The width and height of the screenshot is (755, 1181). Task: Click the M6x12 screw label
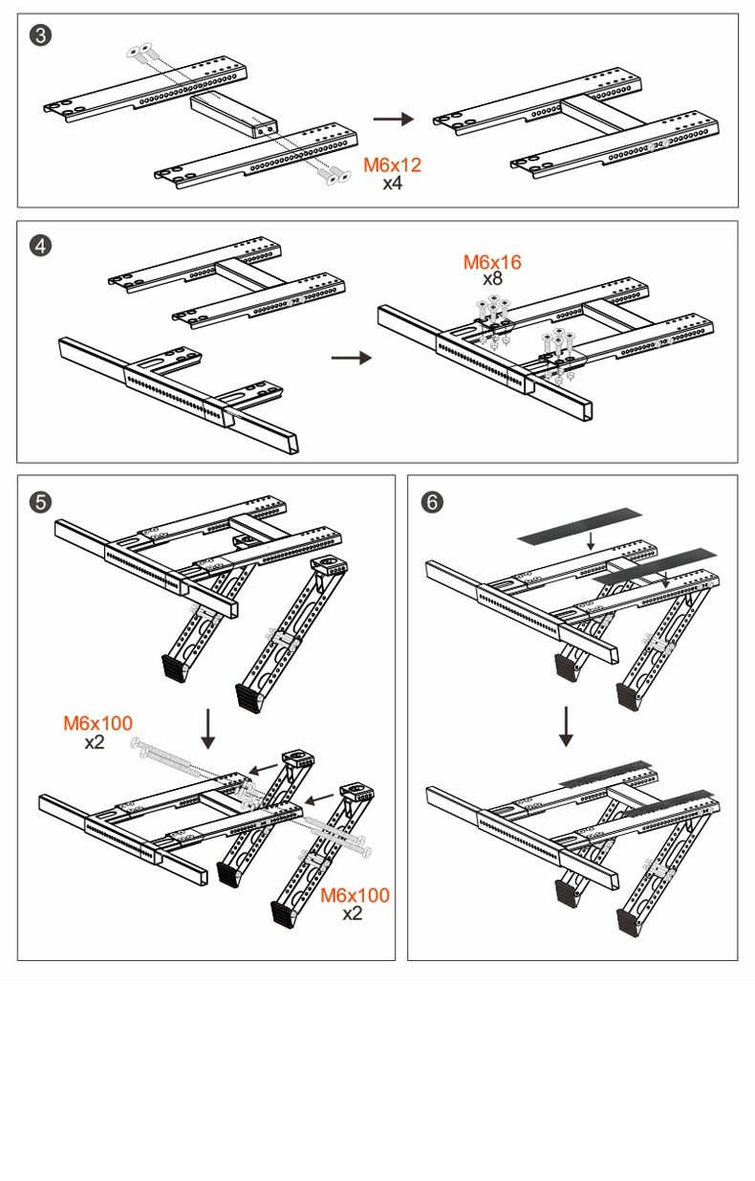(x=392, y=165)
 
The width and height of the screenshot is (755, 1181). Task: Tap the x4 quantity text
(x=392, y=183)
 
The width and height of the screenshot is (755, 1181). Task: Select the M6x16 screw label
(x=492, y=262)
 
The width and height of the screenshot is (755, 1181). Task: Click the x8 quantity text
(x=492, y=279)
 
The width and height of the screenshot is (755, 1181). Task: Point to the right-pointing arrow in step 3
(x=392, y=119)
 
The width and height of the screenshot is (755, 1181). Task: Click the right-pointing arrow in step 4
(x=351, y=358)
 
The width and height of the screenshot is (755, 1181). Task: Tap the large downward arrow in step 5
(x=209, y=730)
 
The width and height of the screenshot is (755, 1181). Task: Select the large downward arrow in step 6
(x=566, y=726)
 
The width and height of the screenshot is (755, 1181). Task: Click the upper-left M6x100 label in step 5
(x=98, y=723)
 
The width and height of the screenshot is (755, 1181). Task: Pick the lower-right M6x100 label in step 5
(x=355, y=896)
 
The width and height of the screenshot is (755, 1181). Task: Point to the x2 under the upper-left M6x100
(x=94, y=741)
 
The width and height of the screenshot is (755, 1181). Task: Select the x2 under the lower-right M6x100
(x=354, y=914)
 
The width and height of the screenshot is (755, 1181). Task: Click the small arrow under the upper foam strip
(x=591, y=541)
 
